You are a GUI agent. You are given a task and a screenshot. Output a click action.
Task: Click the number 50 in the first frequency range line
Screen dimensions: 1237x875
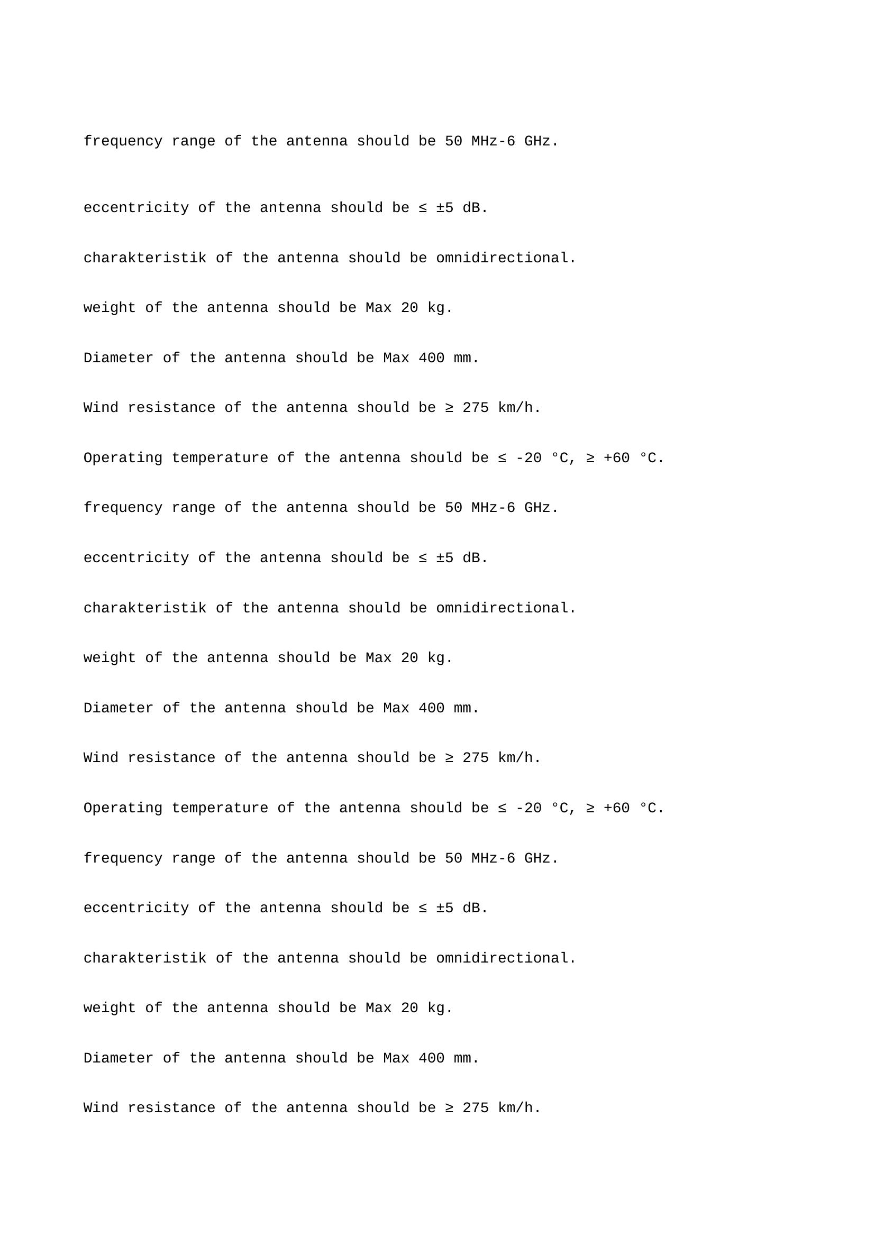(x=453, y=141)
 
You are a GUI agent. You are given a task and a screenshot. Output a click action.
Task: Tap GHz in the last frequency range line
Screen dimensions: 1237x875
(x=537, y=858)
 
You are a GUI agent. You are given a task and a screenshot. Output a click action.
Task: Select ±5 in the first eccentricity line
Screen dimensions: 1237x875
(x=444, y=208)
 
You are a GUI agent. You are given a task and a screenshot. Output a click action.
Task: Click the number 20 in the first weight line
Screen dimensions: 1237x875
(x=409, y=308)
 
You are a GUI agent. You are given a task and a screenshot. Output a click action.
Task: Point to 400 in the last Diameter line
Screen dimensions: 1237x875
(x=431, y=1059)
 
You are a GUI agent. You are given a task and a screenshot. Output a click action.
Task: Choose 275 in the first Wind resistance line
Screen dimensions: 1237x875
(x=475, y=408)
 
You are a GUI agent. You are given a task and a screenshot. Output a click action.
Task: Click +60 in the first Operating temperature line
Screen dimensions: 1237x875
(x=616, y=458)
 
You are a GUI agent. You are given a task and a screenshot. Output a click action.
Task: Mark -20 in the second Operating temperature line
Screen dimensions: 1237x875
(x=528, y=808)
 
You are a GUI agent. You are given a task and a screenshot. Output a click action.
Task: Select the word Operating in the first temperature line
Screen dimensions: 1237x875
(x=123, y=458)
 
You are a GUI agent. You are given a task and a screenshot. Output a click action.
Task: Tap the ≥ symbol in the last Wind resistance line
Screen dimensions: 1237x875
(x=449, y=1108)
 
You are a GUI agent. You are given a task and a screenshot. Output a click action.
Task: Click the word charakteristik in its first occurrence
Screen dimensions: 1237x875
(x=145, y=258)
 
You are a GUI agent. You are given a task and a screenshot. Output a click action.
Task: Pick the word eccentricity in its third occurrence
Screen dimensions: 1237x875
(x=136, y=909)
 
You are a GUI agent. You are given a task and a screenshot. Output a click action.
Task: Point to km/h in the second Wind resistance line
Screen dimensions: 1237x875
(x=515, y=758)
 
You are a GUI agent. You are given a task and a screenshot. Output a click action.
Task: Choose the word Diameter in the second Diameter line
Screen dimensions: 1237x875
(x=119, y=708)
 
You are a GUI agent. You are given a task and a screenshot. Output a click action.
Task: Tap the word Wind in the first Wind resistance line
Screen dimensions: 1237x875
(x=101, y=408)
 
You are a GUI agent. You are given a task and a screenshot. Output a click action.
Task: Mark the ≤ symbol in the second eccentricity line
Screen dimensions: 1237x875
(x=423, y=558)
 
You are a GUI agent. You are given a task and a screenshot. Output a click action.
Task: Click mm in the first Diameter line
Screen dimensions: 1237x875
(x=462, y=358)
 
